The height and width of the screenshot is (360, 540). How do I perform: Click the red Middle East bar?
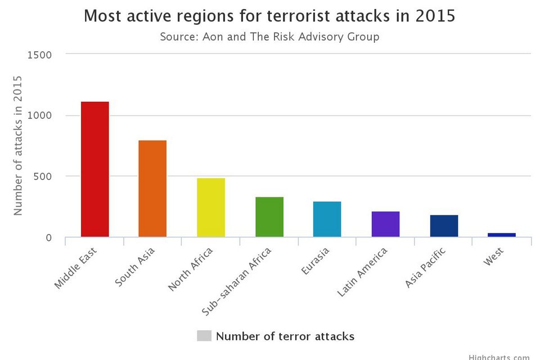(x=94, y=169)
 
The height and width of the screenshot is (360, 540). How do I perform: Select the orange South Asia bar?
(x=152, y=188)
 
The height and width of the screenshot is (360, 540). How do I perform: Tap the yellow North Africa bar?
(x=211, y=207)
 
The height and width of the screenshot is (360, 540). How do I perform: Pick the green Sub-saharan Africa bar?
(x=269, y=217)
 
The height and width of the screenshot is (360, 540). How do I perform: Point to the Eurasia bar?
(x=327, y=219)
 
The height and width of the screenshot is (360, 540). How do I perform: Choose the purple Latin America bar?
(x=385, y=224)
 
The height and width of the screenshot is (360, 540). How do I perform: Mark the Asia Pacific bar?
(x=444, y=226)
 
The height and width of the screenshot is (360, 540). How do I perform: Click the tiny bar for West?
(x=502, y=235)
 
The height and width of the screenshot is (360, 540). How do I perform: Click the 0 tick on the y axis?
(x=48, y=237)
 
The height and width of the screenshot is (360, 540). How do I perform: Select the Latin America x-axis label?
(x=363, y=272)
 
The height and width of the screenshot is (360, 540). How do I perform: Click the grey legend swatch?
(x=204, y=336)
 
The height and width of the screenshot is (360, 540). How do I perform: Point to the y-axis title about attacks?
(x=18, y=145)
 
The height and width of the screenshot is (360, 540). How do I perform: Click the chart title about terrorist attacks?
(x=269, y=16)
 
